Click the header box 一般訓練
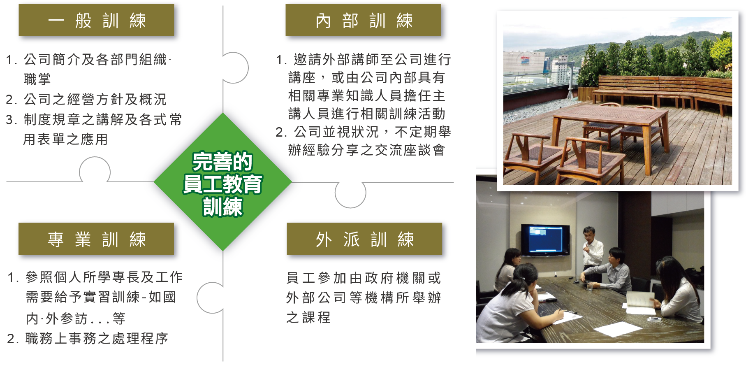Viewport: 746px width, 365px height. click(96, 20)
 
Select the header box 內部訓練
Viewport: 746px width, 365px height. click(363, 20)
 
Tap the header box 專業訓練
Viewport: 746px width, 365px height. click(96, 239)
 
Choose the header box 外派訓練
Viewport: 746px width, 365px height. click(364, 239)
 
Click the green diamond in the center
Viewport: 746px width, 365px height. click(223, 182)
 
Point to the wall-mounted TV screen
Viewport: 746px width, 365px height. click(546, 239)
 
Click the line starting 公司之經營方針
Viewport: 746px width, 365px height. click(86, 99)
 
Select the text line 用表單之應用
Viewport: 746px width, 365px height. click(65, 139)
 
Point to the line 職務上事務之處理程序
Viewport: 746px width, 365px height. click(88, 338)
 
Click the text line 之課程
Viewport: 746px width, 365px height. click(308, 317)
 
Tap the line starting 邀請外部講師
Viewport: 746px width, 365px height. click(364, 60)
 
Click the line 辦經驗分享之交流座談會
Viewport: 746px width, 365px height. click(366, 150)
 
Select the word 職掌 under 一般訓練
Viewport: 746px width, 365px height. click(37, 79)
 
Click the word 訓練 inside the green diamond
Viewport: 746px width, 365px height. click(222, 207)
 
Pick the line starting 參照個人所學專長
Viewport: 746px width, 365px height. click(95, 277)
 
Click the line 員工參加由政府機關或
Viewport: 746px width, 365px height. click(364, 278)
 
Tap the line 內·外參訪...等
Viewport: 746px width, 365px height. click(76, 319)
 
